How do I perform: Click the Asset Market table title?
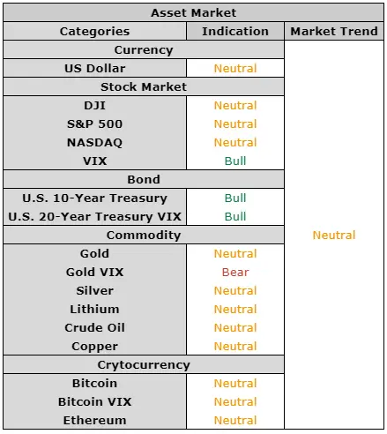click(193, 13)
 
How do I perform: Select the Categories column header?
click(94, 32)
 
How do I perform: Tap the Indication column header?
click(235, 31)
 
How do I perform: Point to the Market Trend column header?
click(334, 31)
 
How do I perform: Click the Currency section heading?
click(144, 50)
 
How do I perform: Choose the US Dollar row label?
click(94, 69)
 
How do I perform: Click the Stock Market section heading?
click(144, 87)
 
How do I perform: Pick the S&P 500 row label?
click(94, 124)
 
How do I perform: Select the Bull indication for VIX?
click(235, 161)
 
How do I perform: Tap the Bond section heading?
click(144, 180)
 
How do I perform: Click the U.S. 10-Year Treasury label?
click(94, 198)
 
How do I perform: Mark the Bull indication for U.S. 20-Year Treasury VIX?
click(235, 217)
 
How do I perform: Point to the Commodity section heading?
click(144, 236)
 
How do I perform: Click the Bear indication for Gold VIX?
click(235, 273)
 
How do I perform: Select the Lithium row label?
click(94, 310)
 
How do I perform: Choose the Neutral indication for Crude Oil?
click(235, 328)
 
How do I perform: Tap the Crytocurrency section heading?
click(144, 365)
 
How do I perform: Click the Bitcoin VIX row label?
click(94, 402)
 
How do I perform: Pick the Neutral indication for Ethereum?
click(235, 421)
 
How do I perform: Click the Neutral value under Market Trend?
click(334, 236)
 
